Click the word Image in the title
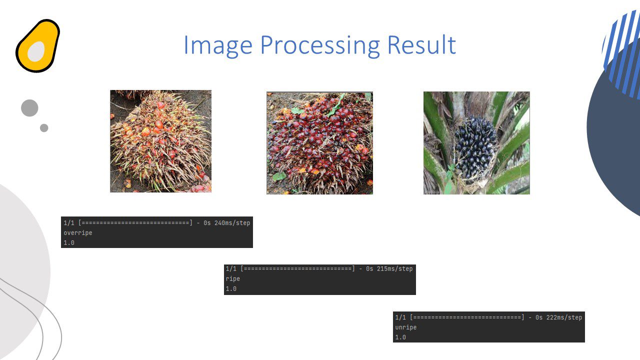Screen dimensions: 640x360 [218, 45]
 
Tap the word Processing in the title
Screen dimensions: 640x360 [320, 45]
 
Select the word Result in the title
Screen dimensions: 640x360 [421, 44]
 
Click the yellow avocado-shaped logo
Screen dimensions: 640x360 [37, 45]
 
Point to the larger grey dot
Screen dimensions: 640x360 [29, 108]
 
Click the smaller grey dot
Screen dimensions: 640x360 [44, 128]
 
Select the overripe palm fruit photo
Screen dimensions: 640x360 [161, 141]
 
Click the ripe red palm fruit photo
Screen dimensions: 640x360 [319, 143]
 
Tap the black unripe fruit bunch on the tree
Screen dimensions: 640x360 [475, 147]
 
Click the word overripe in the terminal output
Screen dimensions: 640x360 [77, 233]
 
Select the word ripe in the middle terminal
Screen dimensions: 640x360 [233, 279]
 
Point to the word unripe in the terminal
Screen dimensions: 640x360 [406, 327]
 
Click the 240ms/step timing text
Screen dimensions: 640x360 [232, 223]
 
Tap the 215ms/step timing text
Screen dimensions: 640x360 [395, 269]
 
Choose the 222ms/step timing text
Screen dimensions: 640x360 [564, 317]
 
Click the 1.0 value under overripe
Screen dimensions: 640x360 [69, 243]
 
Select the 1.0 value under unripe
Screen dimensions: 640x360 [400, 337]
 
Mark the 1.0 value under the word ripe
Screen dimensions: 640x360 [231, 289]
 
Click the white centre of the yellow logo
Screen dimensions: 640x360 [36, 51]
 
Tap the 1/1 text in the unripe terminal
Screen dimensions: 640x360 [400, 317]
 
